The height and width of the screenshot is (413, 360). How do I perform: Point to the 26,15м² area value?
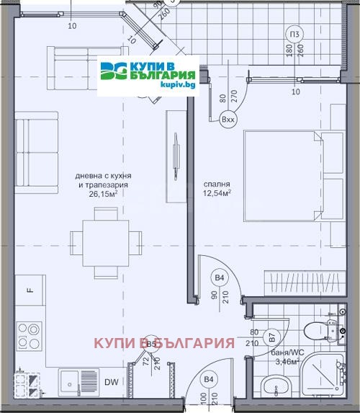[x=104, y=193]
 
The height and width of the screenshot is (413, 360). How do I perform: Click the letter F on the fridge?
[x=30, y=290]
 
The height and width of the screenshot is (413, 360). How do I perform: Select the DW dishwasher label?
[x=112, y=383]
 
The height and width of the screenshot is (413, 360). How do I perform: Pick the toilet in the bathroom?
[x=318, y=331]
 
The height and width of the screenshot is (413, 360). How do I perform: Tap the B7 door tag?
[x=272, y=337]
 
